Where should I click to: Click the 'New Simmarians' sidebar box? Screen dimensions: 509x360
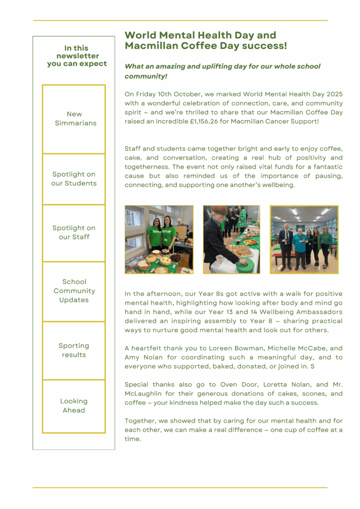pos(74,119)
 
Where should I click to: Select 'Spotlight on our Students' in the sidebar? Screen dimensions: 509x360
pos(74,179)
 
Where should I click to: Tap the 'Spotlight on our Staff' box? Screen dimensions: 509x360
pos(74,233)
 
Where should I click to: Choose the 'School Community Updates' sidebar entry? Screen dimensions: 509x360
pos(74,291)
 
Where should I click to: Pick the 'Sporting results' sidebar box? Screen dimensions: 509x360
pos(74,350)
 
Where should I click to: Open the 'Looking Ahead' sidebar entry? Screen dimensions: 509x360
pos(74,406)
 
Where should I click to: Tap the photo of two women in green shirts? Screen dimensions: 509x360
pos(159,239)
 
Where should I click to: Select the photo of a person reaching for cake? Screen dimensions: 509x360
pos(231,239)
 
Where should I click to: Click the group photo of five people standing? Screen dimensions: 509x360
pos(304,239)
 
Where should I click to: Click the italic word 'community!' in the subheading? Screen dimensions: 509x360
pos(146,76)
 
